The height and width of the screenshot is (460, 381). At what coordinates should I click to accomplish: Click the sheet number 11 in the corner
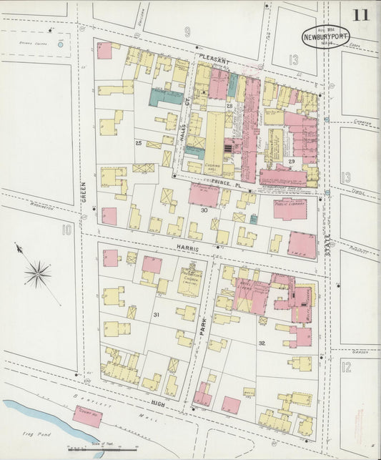pos(360,14)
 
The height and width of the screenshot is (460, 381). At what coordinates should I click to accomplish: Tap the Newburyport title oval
pos(325,36)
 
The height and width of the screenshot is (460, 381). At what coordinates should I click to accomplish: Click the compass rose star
pos(37,273)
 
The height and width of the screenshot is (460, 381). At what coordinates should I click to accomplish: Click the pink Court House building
pos(86,416)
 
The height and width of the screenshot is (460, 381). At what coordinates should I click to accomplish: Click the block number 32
pos(262,343)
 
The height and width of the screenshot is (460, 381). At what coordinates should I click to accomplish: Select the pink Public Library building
pos(287,208)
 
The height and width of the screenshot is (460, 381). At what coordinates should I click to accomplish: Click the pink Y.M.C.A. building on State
pos(302,245)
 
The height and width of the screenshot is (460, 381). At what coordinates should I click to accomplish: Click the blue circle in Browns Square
pos(60,44)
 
